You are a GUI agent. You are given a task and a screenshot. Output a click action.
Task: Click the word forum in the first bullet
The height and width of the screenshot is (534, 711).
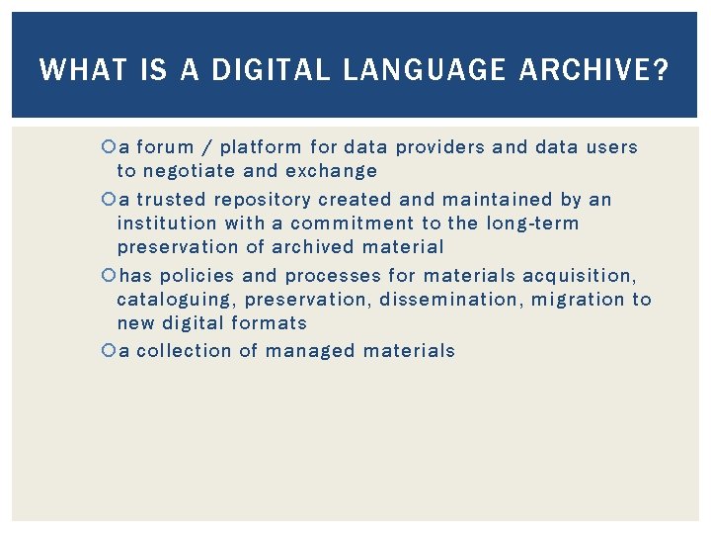click(165, 147)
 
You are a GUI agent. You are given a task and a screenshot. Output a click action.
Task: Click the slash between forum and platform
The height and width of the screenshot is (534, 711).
click(206, 148)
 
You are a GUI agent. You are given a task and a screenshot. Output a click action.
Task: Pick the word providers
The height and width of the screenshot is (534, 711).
click(440, 147)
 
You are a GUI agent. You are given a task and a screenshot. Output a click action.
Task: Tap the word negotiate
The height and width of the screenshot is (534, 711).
click(188, 171)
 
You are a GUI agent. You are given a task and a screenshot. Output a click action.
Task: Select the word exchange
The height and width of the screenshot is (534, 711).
click(331, 171)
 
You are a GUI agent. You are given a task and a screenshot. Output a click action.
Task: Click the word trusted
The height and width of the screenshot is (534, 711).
click(172, 200)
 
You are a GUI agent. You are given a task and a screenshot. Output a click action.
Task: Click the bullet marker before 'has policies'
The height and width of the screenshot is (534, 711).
click(109, 276)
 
